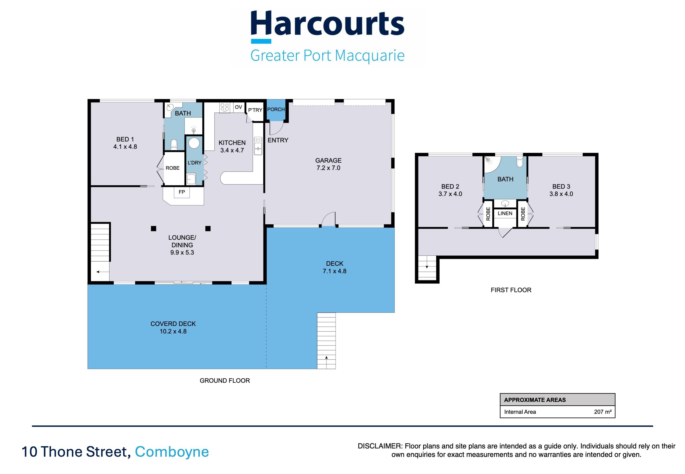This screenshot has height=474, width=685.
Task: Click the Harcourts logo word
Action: click(x=327, y=24)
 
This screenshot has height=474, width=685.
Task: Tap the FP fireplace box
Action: click(x=182, y=192)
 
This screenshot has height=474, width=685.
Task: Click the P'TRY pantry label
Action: click(x=255, y=110)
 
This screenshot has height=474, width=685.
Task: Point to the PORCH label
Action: click(x=276, y=109)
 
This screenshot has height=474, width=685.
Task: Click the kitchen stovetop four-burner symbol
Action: click(x=225, y=107)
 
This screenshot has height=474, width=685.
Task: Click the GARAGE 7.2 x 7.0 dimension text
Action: click(x=328, y=168)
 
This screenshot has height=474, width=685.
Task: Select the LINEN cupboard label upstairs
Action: click(x=505, y=213)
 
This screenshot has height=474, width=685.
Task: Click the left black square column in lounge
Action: click(x=153, y=228)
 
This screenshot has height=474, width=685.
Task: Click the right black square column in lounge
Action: click(x=208, y=228)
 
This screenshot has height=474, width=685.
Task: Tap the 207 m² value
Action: click(x=603, y=412)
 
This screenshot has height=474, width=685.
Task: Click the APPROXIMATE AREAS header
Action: click(x=535, y=400)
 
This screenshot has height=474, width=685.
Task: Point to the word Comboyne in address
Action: click(x=172, y=452)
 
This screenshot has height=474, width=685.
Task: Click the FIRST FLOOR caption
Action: click(x=511, y=290)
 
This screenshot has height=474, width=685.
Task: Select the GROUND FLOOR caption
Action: click(x=225, y=380)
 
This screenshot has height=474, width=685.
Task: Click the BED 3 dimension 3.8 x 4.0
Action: click(x=561, y=194)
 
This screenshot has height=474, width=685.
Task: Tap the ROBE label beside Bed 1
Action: click(x=172, y=168)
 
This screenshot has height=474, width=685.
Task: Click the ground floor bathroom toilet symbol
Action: click(x=174, y=145)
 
